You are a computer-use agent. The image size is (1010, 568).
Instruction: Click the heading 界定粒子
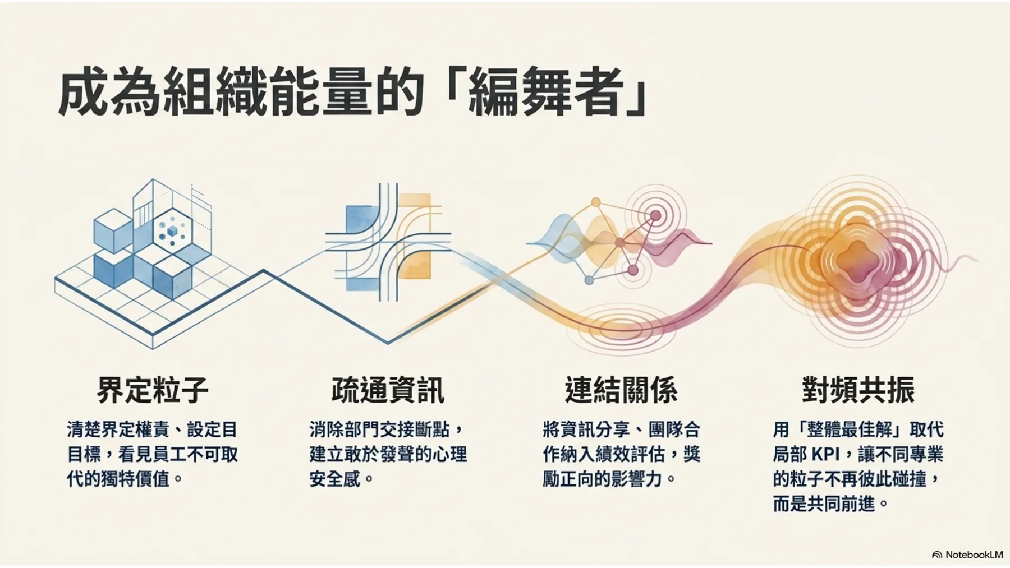pyautogui.click(x=153, y=390)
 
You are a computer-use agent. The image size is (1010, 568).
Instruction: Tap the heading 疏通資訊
pyautogui.click(x=388, y=390)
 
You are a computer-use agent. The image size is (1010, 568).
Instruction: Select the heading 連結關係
pyautogui.click(x=621, y=390)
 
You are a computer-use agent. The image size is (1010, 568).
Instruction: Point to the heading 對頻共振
pyautogui.click(x=858, y=390)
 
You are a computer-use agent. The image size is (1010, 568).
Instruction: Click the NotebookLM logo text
pyautogui.click(x=974, y=555)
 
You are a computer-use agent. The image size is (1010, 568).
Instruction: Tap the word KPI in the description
pyautogui.click(x=825, y=454)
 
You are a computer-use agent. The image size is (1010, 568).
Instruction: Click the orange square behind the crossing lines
pyautogui.click(x=415, y=235)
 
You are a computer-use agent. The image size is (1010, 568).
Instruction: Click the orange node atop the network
pyautogui.click(x=596, y=202)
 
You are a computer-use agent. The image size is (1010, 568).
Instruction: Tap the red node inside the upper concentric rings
pyautogui.click(x=655, y=215)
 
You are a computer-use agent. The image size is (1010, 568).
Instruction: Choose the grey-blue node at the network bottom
pyautogui.click(x=589, y=280)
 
